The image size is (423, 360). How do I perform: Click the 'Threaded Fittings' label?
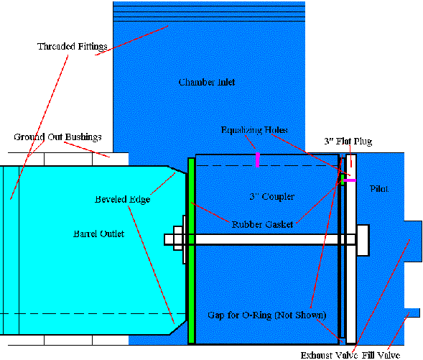point(73,47)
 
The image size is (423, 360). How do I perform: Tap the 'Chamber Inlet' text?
point(207,82)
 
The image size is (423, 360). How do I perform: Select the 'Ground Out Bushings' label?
point(57,137)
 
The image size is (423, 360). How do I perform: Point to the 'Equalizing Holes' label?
point(254,130)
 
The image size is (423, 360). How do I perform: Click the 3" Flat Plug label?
point(348,141)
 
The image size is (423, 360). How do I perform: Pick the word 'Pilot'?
point(379,189)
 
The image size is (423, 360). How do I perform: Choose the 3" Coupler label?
point(271,196)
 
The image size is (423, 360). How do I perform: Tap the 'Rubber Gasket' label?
point(262,224)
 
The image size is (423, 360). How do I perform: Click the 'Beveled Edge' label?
point(123,200)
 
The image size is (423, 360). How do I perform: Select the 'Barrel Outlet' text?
point(98,234)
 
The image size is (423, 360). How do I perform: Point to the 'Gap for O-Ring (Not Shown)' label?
point(267,315)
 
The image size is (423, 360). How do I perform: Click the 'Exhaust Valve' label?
point(329,355)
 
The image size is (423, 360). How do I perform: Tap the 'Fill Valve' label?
point(381,355)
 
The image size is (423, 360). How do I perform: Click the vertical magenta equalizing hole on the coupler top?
point(258,160)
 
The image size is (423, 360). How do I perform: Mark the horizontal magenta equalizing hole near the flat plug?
point(350,180)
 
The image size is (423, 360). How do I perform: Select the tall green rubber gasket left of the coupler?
point(191,251)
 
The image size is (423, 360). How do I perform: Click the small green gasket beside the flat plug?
point(343,180)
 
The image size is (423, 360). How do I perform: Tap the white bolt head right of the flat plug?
point(363,240)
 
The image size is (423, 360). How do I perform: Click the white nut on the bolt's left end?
point(178,239)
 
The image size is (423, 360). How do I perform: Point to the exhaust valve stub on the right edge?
point(413,241)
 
